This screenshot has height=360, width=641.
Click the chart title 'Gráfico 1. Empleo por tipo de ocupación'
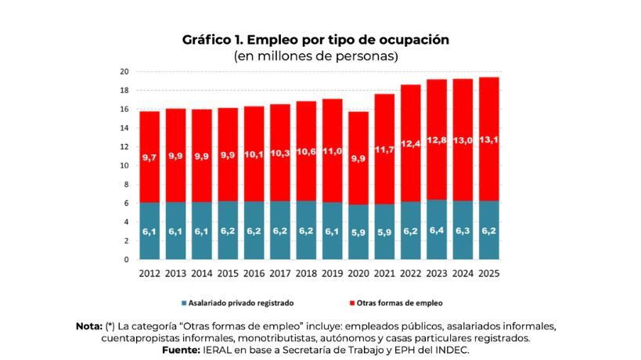coord(315,39)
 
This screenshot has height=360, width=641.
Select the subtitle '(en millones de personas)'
coord(315,56)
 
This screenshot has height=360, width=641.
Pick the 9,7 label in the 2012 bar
coord(149,158)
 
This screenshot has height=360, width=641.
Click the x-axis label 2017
coord(279,274)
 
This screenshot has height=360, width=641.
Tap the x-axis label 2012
coord(149,274)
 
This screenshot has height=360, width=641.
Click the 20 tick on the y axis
coord(124,71)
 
